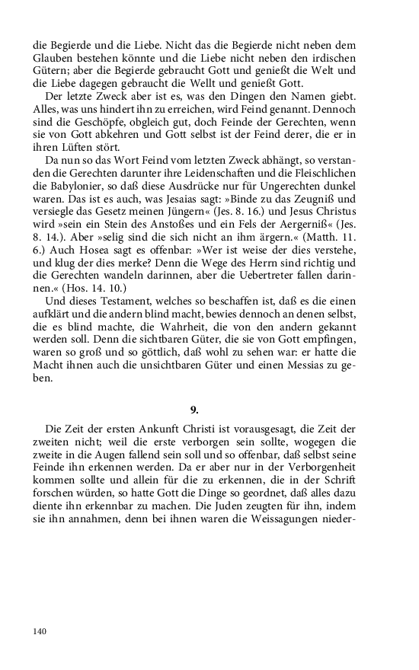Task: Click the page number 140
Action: (x=40, y=630)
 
